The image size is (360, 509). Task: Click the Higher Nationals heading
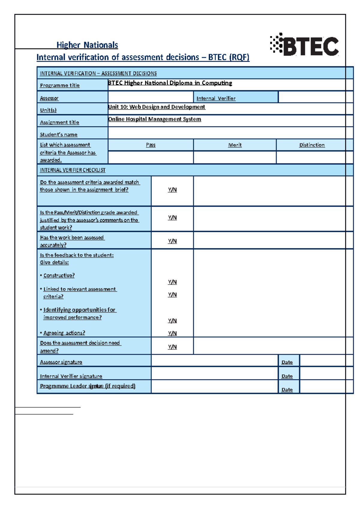point(87,45)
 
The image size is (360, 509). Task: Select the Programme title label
point(60,85)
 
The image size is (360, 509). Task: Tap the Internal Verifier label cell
point(216,98)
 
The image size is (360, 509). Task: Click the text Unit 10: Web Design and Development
point(157,107)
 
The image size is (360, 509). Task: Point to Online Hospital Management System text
point(154,119)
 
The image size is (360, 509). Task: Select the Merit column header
point(235,145)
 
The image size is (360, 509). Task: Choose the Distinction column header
point(312,145)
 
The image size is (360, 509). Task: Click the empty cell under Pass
point(151,157)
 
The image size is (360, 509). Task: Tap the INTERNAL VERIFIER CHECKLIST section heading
point(73,170)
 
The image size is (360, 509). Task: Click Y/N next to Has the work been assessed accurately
point(172,241)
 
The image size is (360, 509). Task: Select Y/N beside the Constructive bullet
point(172,282)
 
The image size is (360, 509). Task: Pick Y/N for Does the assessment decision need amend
point(172,347)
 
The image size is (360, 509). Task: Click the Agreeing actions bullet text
point(64,333)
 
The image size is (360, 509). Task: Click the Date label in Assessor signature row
point(287,362)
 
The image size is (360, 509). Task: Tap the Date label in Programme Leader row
point(287,390)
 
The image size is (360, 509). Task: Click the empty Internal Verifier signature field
point(214,374)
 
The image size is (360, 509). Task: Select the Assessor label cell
point(49,98)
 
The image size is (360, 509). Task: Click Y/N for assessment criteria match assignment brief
point(172,190)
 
